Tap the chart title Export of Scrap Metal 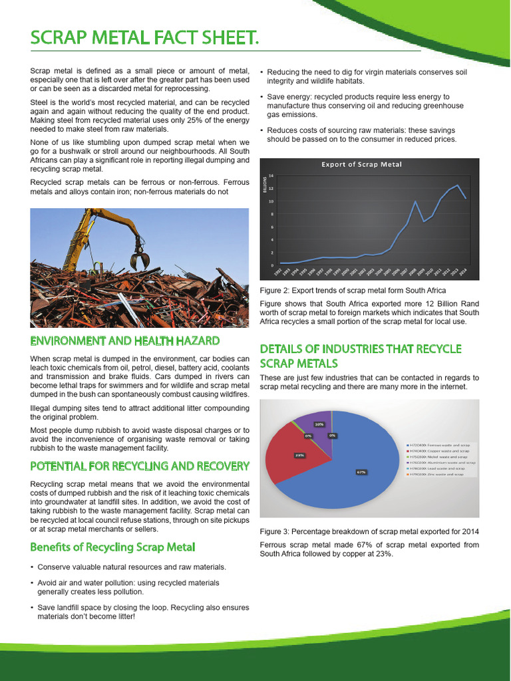pos(361,164)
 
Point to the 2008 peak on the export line pos(415,202)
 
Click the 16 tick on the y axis pos(271,176)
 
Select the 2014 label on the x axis pos(464,273)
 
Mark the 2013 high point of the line pos(456,186)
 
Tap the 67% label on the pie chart pos(361,472)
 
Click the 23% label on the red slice pos(299,455)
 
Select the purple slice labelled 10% pos(313,426)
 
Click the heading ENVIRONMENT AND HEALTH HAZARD pos(125,341)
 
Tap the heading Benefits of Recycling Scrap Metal pos(113,547)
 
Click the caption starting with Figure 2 pos(353,291)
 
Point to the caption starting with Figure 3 pos(369,532)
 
